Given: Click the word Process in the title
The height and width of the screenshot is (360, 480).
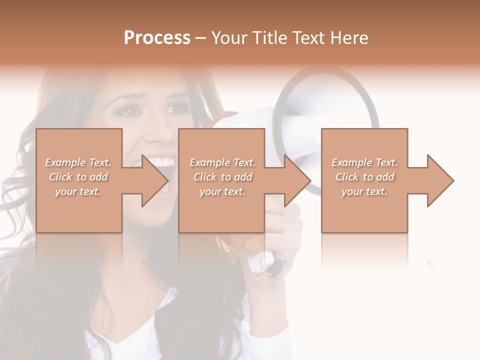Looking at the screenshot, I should pos(157,38).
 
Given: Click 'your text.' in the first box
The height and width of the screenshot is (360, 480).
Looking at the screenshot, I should pos(78,191).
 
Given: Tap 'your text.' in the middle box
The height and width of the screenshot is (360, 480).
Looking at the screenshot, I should pos(222,191).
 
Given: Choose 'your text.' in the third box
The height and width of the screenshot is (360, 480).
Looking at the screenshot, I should pos(364,191).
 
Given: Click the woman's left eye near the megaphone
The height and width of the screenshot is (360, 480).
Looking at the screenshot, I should pos(176,108).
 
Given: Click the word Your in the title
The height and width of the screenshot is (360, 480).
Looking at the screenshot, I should pos(228,38).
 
